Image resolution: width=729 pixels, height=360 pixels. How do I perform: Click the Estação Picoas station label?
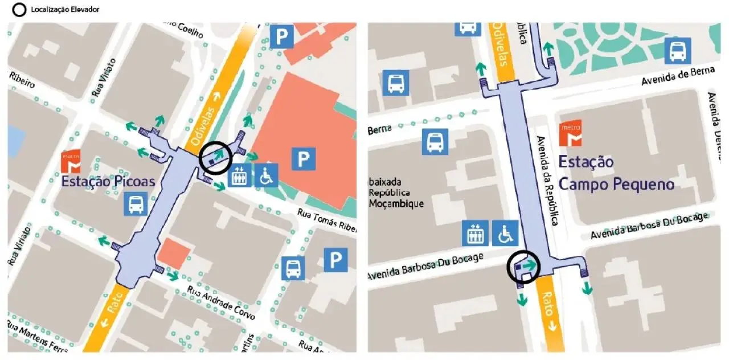[x=108, y=182]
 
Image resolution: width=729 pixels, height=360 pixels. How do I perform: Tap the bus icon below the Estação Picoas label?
[x=136, y=203]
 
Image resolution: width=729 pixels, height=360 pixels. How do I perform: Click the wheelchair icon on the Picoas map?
[x=266, y=175]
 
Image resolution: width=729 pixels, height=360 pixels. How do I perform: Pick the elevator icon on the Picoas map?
[x=239, y=175]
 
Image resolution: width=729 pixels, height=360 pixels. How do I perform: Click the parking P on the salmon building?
[x=304, y=158]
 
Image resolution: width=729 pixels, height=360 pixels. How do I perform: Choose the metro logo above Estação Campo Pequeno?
[x=571, y=133]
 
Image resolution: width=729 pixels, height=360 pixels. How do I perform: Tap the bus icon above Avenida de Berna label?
[x=678, y=51]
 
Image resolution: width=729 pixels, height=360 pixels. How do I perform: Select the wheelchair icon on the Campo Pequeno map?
[x=505, y=232]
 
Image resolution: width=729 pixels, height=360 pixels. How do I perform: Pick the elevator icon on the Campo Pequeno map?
[x=475, y=232]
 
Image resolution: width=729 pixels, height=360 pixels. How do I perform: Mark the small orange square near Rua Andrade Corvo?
[x=174, y=253]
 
